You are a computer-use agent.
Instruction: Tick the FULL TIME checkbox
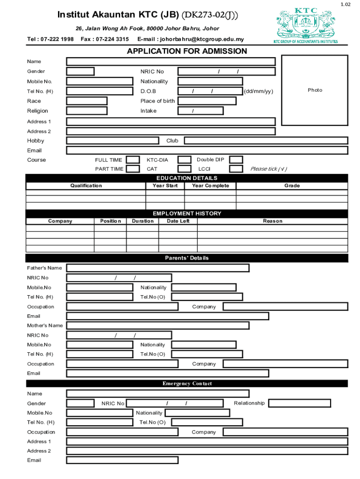point(133,160)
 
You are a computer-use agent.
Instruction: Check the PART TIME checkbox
point(133,169)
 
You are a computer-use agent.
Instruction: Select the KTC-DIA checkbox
point(185,160)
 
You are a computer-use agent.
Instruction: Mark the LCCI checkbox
point(236,169)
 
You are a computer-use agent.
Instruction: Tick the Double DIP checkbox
point(236,160)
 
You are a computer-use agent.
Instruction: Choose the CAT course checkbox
point(185,169)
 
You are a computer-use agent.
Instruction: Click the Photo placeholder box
point(315,90)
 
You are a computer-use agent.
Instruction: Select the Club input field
point(266,140)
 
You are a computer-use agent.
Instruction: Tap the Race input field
point(86,101)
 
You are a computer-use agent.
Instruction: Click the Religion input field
point(86,111)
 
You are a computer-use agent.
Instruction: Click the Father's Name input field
point(158,268)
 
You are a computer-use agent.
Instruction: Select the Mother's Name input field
point(158,326)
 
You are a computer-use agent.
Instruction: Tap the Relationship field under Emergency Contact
point(300,403)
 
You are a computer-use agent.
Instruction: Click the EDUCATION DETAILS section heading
point(187,178)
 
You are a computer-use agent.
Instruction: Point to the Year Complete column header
point(210,186)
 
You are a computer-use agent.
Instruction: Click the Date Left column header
point(178,221)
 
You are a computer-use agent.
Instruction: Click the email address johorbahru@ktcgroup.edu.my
point(191,39)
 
